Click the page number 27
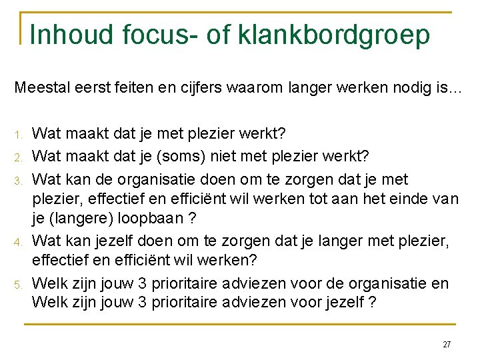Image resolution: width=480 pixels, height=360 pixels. tap(447, 345)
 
